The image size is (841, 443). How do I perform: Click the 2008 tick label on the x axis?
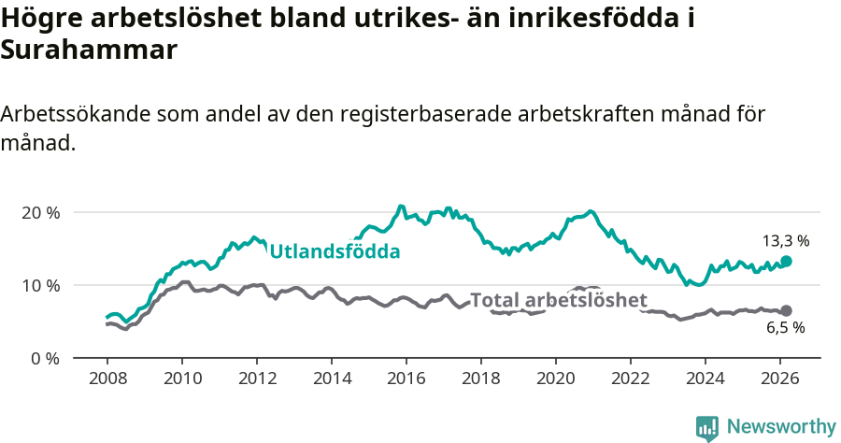(107, 380)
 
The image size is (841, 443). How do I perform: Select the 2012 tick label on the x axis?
(256, 380)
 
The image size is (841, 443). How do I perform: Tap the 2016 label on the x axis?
(406, 380)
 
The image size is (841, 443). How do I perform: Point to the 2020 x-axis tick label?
(556, 380)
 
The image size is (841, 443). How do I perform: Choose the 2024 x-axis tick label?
(706, 380)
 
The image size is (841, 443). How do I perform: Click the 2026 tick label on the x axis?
(780, 380)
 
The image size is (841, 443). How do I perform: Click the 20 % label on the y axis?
(40, 212)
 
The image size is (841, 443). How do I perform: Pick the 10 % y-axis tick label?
(40, 285)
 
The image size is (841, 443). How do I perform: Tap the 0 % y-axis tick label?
(44, 358)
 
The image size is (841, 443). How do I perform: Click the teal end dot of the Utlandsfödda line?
(786, 262)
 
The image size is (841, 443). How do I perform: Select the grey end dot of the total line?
(786, 310)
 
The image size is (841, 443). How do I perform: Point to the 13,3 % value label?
(786, 240)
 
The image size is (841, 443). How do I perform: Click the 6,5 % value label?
(785, 328)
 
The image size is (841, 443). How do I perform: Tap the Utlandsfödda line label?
(335, 251)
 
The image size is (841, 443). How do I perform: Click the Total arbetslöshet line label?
(559, 300)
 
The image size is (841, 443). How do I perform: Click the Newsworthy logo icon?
(707, 428)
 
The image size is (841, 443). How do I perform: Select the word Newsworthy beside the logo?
(781, 427)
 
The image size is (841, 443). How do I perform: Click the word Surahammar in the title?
(89, 50)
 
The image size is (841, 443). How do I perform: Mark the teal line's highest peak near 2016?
(401, 207)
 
